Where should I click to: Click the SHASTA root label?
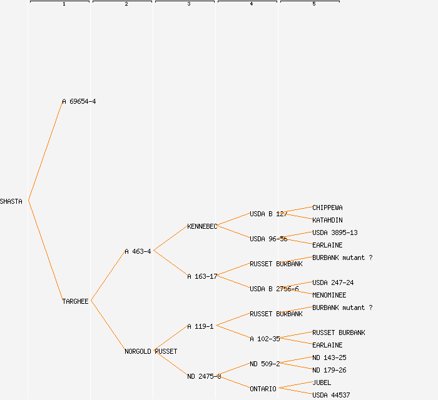[11, 201]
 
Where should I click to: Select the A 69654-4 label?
[79, 101]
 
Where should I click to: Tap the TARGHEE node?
[75, 301]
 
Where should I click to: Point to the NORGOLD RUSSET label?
[151, 351]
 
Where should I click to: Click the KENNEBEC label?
[201, 226]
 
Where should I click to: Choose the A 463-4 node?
[138, 251]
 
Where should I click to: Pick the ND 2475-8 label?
[204, 376]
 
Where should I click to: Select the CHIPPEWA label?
[327, 207]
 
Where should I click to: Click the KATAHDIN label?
[327, 220]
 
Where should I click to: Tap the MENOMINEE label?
[329, 295]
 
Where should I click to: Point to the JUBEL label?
[322, 382]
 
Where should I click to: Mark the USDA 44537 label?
[331, 395]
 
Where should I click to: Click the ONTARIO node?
[263, 389]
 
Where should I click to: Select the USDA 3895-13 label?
[335, 232]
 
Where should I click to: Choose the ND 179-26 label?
[329, 370]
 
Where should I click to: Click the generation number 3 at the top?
[188, 4]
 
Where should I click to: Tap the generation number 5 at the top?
[313, 4]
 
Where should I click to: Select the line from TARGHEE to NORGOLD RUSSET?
[108, 326]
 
